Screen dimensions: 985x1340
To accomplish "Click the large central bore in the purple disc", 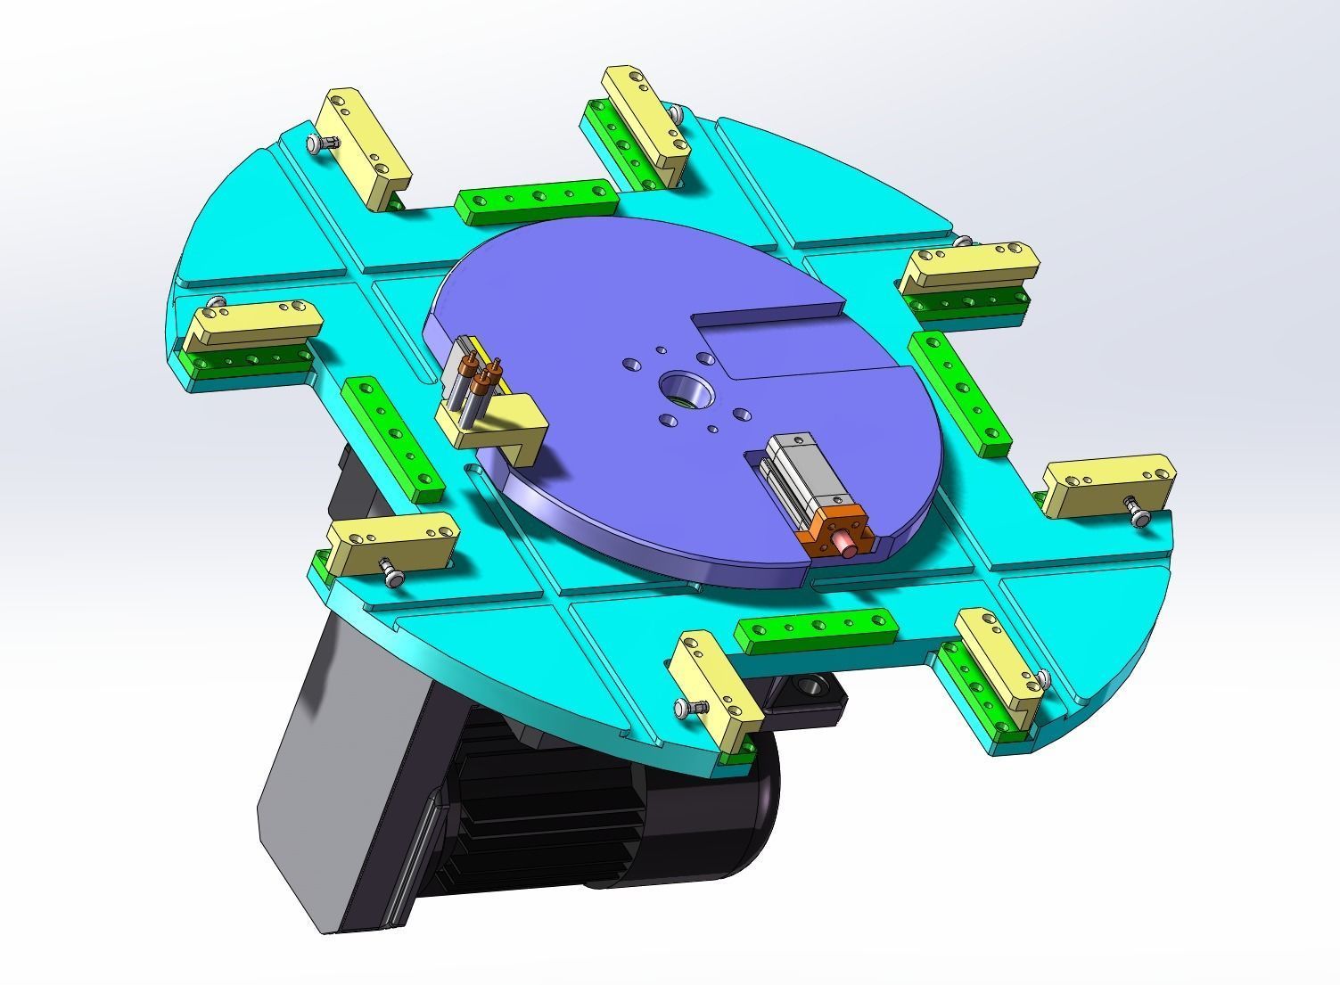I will [681, 390].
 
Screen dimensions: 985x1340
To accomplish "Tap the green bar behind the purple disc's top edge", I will [536, 201].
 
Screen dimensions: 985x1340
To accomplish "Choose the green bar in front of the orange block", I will [815, 631].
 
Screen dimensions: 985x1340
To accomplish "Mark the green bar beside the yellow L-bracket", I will [392, 437].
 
